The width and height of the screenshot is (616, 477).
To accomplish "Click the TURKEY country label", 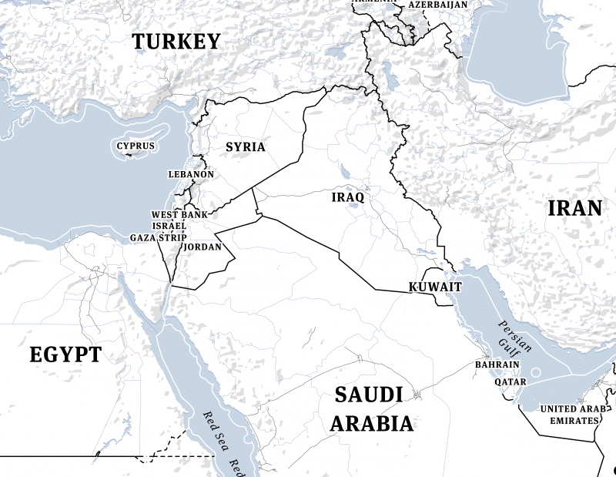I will click(x=176, y=42).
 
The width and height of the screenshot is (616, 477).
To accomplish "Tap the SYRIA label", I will click(x=245, y=146).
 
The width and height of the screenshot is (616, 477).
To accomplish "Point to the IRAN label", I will click(x=574, y=207).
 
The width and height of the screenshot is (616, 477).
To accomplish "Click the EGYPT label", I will click(x=65, y=354).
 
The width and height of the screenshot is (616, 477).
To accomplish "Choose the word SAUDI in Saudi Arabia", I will click(x=369, y=395).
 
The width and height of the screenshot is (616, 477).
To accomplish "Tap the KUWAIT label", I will click(x=435, y=287).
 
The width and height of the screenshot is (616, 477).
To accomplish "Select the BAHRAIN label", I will click(x=497, y=364).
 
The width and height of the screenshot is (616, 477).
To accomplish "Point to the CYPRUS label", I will click(x=136, y=146).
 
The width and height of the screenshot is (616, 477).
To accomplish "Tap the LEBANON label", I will click(x=191, y=174).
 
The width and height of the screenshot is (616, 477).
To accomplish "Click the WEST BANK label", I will click(x=179, y=214).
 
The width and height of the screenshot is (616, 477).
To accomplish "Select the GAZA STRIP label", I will click(x=158, y=237).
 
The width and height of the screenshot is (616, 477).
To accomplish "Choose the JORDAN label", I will click(x=203, y=247).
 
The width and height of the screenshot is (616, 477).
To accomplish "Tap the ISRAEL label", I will click(x=169, y=225).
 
